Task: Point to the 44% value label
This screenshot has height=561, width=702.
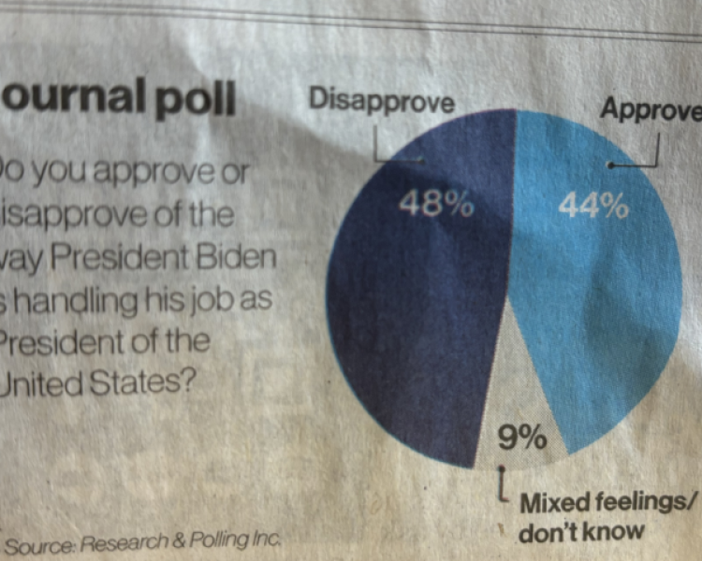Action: [x=593, y=206]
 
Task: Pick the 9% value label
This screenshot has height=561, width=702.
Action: [x=521, y=436]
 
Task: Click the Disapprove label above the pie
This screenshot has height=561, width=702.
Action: [x=381, y=100]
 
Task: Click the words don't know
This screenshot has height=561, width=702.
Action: [x=582, y=532]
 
